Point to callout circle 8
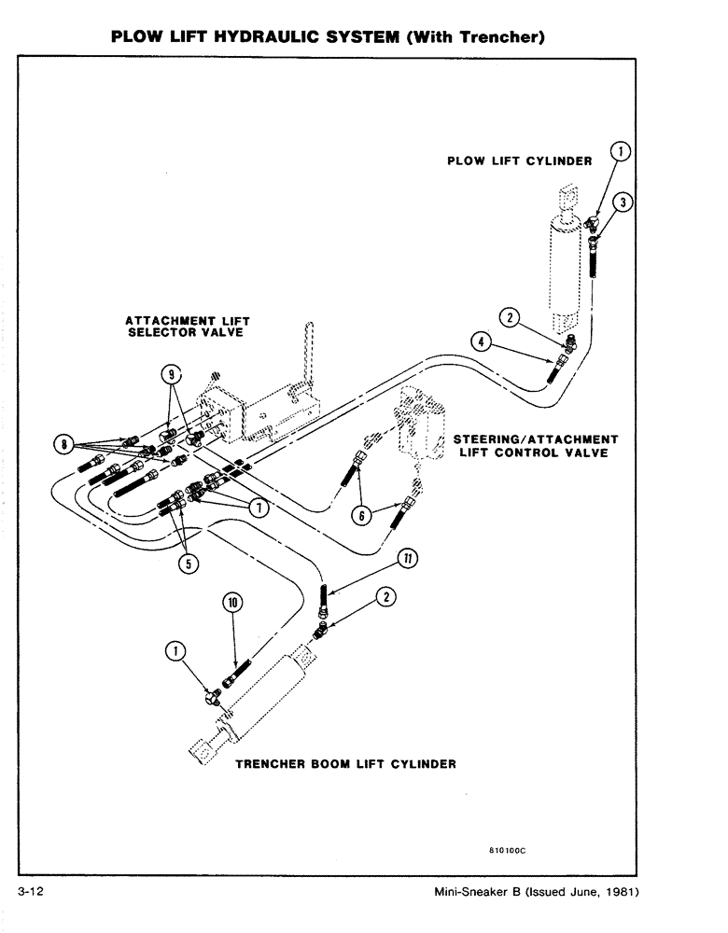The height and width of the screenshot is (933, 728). (64, 445)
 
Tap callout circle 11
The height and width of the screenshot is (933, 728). (407, 558)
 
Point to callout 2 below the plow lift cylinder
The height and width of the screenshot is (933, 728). (509, 317)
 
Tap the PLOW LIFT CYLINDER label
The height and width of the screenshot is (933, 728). (520, 161)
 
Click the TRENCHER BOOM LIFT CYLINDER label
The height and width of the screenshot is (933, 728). (344, 764)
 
